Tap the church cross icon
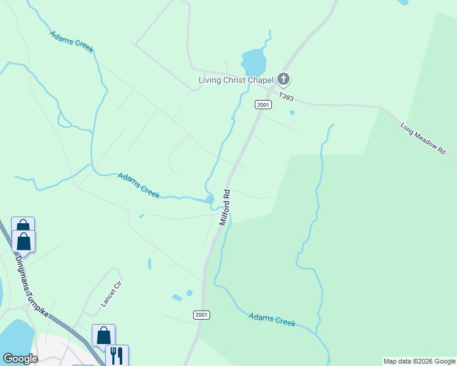pos(283,79)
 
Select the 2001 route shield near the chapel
pos(263,105)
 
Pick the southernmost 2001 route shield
pos(202,315)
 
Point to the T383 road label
pos(286,97)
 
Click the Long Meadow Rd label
pos(423,139)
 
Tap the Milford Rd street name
pos(225,207)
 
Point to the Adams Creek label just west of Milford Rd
pos(139,185)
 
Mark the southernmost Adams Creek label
pos(272,319)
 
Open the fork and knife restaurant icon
pos(117,355)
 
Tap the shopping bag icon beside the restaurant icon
pos(103,335)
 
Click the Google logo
pos(20,359)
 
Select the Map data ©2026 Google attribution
pos(419,361)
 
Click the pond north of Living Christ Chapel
pos(254,61)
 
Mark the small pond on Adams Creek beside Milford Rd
pos(210,199)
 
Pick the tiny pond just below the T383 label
pos(292,113)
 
